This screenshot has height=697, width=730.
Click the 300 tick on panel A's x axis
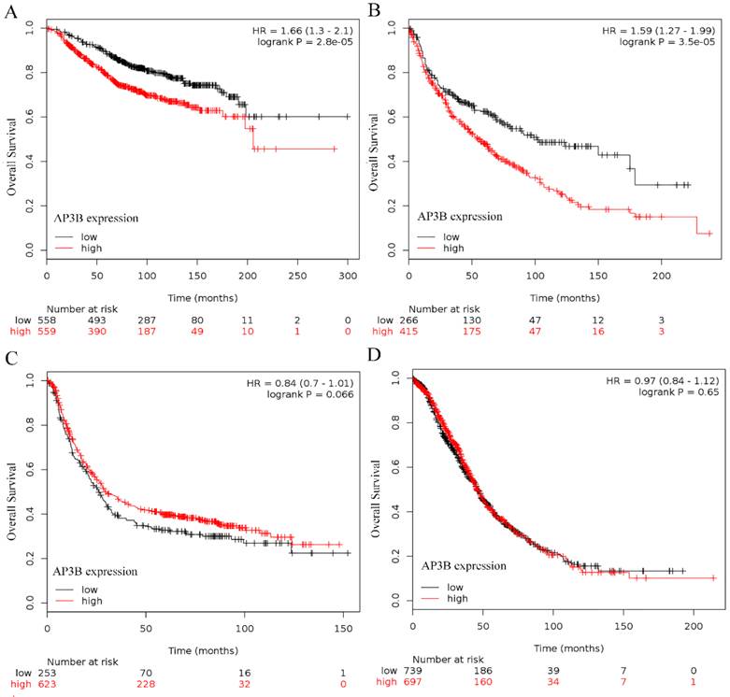348,277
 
